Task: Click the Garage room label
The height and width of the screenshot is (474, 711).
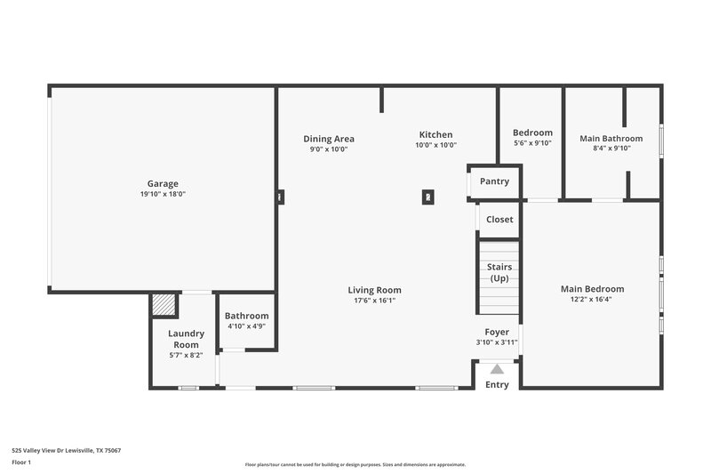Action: [x=163, y=183]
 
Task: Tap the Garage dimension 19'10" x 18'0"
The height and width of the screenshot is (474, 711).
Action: [x=163, y=194]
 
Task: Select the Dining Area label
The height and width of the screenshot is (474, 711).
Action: [x=329, y=139]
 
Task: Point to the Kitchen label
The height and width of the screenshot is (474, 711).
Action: [x=435, y=135]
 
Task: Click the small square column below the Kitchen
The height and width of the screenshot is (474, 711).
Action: [x=427, y=197]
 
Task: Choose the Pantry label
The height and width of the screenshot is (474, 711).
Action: [x=494, y=181]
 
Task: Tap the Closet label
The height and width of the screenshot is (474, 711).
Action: [x=499, y=220]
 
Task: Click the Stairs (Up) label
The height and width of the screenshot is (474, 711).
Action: [x=499, y=272]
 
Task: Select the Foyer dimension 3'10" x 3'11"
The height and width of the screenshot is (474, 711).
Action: [x=497, y=342]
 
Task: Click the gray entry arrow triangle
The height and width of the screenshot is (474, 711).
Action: [x=497, y=368]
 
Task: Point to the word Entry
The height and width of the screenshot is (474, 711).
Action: [x=497, y=384]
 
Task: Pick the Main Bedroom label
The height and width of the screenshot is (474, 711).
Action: [x=592, y=289]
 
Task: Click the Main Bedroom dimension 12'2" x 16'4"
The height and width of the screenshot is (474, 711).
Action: [x=592, y=300]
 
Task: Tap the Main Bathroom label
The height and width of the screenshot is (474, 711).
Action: [x=611, y=139]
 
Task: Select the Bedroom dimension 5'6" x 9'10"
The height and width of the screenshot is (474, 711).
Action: [x=532, y=143]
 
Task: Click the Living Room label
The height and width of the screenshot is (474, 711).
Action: [x=374, y=290]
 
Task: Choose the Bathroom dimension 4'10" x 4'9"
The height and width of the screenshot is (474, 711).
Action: [x=246, y=326]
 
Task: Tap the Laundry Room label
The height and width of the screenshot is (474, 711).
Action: [x=187, y=339]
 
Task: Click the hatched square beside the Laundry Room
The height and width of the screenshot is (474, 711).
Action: [x=164, y=305]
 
